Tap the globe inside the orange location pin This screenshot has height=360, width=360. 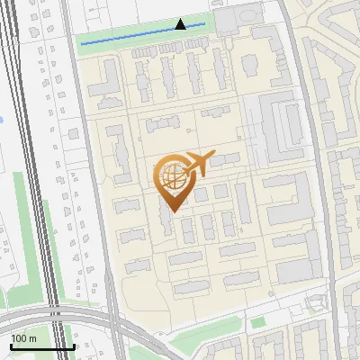tap(172, 175)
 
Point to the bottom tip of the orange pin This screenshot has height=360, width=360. tap(172, 211)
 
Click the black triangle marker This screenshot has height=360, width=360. tap(181, 24)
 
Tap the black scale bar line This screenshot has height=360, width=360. tap(41, 346)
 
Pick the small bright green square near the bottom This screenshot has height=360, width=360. tap(258, 322)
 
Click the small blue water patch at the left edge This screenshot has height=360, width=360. tap(3, 118)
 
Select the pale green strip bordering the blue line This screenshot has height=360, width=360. tap(144, 40)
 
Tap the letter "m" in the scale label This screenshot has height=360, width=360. tap(33, 337)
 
